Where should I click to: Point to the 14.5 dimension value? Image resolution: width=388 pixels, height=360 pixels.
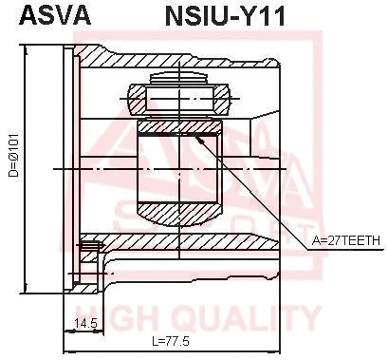coord(87,324)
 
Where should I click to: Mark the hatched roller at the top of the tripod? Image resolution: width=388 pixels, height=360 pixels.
coord(178,98)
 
